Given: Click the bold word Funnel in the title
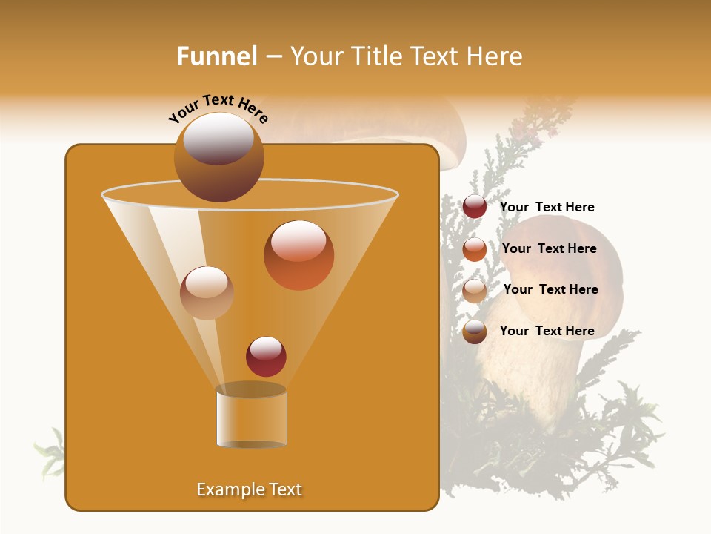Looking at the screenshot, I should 216,56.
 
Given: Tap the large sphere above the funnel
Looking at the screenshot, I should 218,157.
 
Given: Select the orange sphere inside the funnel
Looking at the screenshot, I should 298,255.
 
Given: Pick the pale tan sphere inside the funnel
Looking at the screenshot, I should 207,292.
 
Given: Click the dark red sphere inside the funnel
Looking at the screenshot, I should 266,357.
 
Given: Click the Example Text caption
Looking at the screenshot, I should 249,489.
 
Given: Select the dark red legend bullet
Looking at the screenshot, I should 475,207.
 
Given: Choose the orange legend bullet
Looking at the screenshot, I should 475,249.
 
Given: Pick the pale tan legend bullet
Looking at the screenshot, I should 475,290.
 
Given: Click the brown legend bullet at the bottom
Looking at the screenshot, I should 475,332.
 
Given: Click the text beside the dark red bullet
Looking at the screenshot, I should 547,207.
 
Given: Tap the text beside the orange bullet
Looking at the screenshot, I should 549,248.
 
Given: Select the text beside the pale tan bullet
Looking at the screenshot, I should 550,289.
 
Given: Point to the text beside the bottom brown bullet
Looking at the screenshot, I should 547,331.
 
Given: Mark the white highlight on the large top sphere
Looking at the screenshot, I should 218,139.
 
